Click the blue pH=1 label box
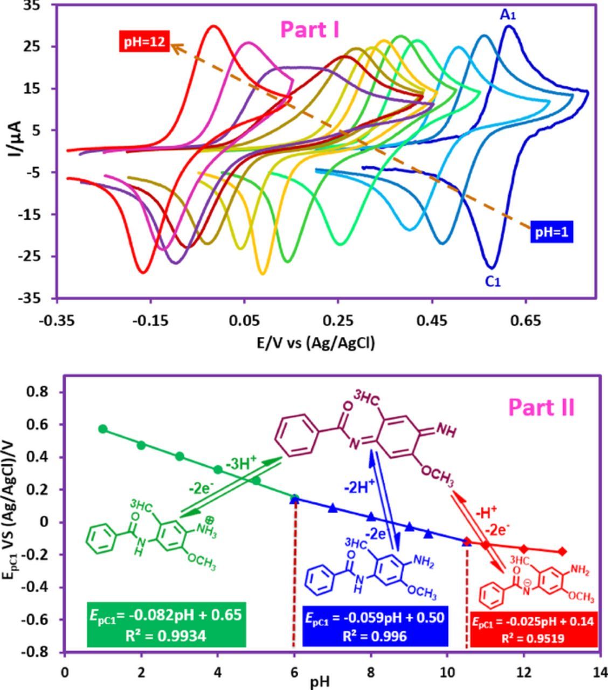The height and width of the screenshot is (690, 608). click(552, 232)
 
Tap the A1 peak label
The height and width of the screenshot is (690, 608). click(508, 15)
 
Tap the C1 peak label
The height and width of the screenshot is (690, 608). click(493, 281)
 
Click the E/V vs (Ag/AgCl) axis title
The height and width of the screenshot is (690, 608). click(315, 343)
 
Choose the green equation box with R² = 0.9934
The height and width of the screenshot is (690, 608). click(167, 624)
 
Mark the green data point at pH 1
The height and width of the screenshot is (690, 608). click(103, 429)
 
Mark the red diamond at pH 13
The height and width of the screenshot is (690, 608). click(562, 551)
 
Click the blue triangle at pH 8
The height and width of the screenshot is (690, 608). click(371, 516)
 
